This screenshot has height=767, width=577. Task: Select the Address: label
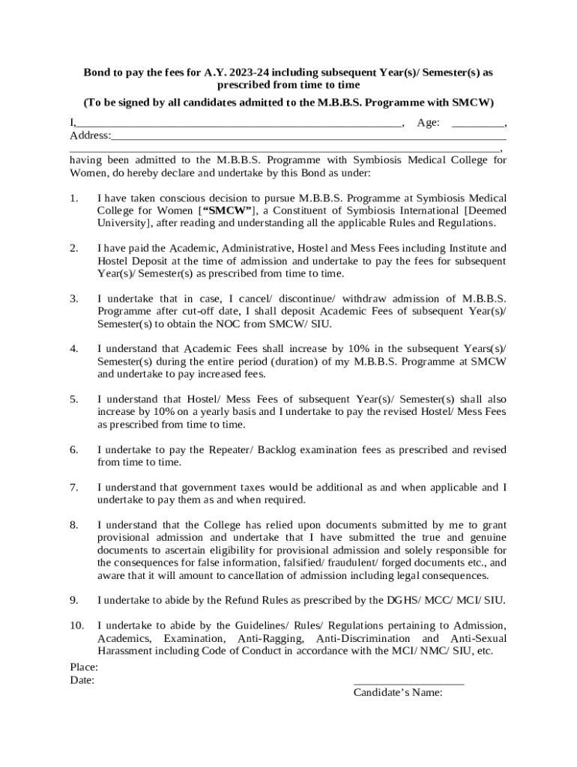pyautogui.click(x=90, y=136)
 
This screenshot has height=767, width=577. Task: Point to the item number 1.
pyautogui.click(x=73, y=198)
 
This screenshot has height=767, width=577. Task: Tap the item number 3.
pyautogui.click(x=73, y=299)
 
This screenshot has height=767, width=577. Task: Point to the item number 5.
pyautogui.click(x=73, y=399)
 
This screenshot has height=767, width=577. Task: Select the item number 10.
pyautogui.click(x=76, y=625)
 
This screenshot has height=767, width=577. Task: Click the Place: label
pyautogui.click(x=84, y=667)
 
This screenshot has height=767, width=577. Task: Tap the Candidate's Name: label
pyautogui.click(x=398, y=692)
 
